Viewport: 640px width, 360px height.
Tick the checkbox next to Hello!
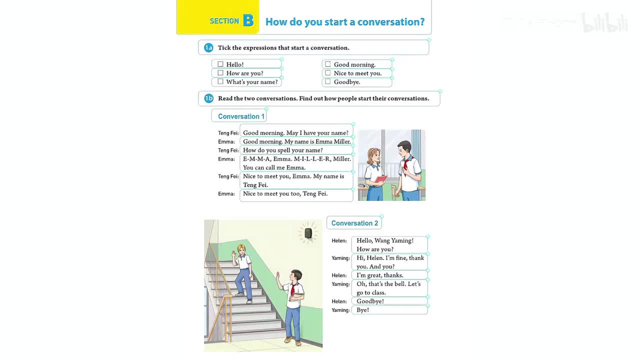coord(220,64)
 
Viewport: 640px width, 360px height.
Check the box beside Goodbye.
coord(328,81)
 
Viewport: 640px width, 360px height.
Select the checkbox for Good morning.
coord(328,64)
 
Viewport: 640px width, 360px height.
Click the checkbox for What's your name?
coord(220,81)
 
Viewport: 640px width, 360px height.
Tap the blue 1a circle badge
coord(208,47)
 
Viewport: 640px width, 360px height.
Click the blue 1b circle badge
coord(208,98)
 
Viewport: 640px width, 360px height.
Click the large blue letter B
coord(248,20)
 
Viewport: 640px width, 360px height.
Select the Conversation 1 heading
coord(241,116)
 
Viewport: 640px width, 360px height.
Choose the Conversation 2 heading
coord(354,223)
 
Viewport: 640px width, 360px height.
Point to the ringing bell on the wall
coord(308,233)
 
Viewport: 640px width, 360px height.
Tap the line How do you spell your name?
coord(283,150)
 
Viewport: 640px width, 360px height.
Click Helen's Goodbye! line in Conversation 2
coord(370,301)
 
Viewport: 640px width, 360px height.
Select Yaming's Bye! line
coord(363,310)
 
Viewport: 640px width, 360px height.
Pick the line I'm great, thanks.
coord(380,275)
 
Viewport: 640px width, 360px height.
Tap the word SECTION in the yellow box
coord(224,21)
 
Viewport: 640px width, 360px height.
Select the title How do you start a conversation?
coord(345,22)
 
